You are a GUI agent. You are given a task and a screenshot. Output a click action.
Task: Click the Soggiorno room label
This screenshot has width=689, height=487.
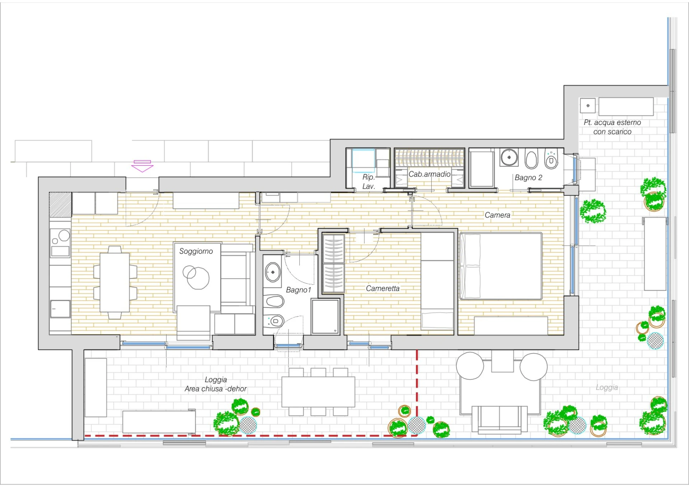pyautogui.click(x=196, y=251)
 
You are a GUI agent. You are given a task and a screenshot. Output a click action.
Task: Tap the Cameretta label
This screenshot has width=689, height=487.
pyautogui.click(x=383, y=289)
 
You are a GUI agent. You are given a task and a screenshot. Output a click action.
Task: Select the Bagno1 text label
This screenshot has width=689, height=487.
pyautogui.click(x=299, y=290)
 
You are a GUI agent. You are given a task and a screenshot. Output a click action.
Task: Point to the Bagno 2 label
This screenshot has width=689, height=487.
pyautogui.click(x=528, y=178)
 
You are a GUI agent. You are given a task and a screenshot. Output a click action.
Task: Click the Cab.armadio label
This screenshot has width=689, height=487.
pyautogui.click(x=430, y=174)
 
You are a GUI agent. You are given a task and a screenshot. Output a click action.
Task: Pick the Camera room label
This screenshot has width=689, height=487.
pyautogui.click(x=497, y=215)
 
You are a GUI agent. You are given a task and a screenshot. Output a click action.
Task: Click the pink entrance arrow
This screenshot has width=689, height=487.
pyautogui.click(x=142, y=166)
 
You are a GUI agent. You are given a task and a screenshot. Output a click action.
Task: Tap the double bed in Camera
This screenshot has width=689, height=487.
pyautogui.click(x=501, y=266)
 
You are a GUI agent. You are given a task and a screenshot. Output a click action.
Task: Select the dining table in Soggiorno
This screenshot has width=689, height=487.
pyautogui.click(x=115, y=282)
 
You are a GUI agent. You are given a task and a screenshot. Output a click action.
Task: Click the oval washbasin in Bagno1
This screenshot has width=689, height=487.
pyautogui.click(x=273, y=272)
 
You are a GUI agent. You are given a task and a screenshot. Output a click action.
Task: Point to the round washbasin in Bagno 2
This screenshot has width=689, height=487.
pyautogui.click(x=509, y=157)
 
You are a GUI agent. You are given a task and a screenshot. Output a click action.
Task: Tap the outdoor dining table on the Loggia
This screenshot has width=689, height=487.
pyautogui.click(x=318, y=392)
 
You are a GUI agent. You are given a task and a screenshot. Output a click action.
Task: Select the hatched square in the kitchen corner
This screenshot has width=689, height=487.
pyautogui.click(x=60, y=205)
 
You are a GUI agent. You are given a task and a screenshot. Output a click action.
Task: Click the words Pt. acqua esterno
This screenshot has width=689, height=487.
pyautogui.click(x=612, y=122)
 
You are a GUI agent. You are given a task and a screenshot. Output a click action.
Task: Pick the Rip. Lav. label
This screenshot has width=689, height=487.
pyautogui.click(x=369, y=182)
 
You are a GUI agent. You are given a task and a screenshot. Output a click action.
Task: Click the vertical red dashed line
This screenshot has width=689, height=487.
pyautogui.click(x=417, y=393)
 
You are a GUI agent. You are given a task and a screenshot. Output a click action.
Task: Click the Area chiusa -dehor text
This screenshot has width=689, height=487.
pyautogui.click(x=216, y=389)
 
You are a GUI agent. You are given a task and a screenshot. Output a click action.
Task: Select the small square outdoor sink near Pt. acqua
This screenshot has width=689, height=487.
pyautogui.click(x=587, y=106)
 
